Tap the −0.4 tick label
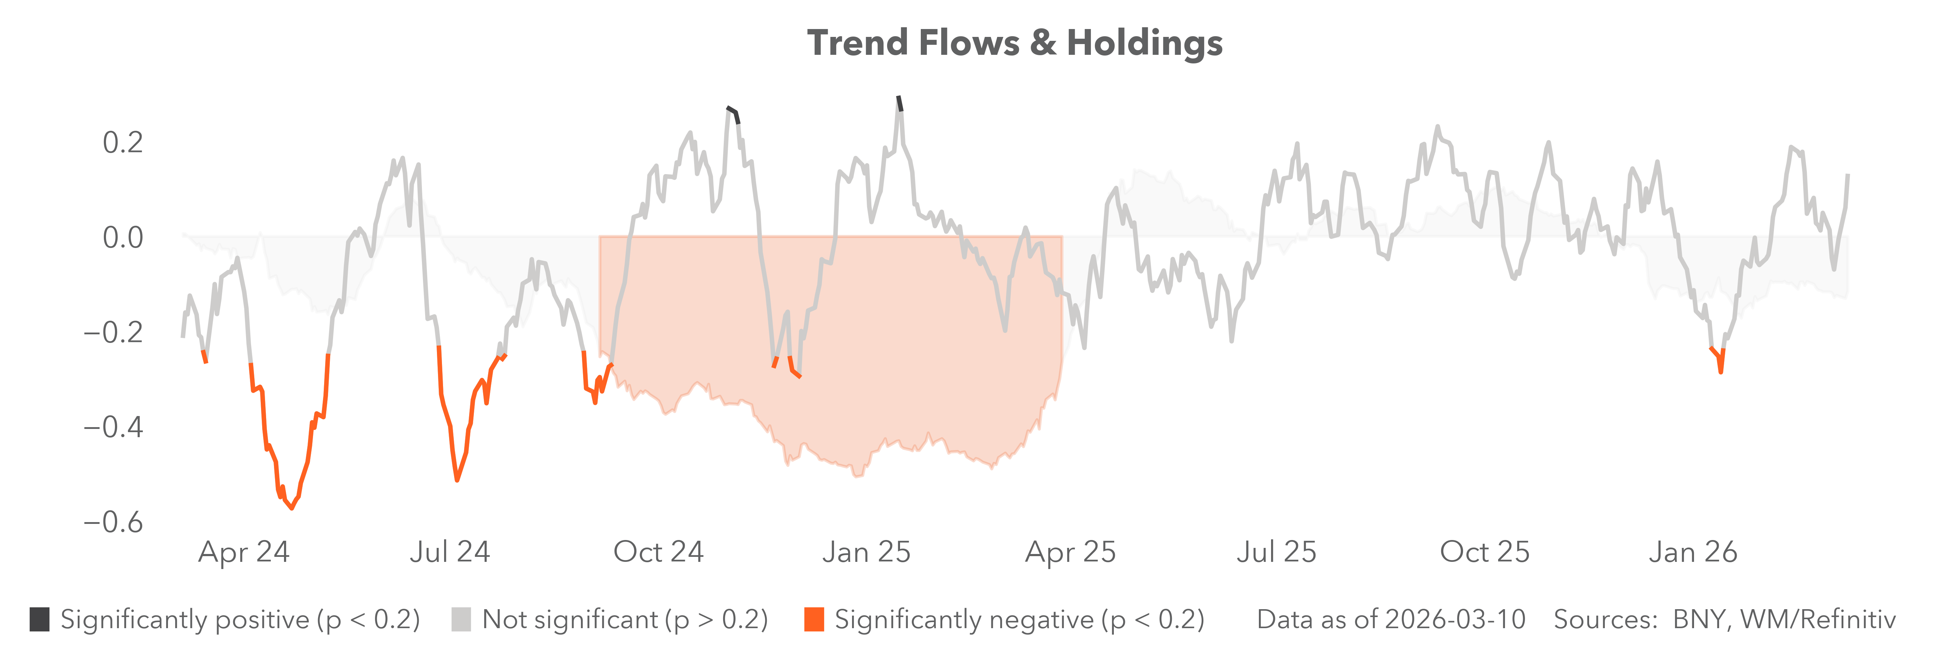(x=112, y=427)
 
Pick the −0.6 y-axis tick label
(x=112, y=522)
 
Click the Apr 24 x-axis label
(x=243, y=552)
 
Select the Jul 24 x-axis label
(x=450, y=552)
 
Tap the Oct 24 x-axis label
(x=658, y=552)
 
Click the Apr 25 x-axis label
(x=1071, y=552)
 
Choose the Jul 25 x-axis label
(x=1276, y=552)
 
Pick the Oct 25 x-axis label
(x=1484, y=552)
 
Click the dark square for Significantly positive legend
(x=40, y=620)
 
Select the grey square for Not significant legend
(x=461, y=620)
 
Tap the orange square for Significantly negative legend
(x=814, y=620)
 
